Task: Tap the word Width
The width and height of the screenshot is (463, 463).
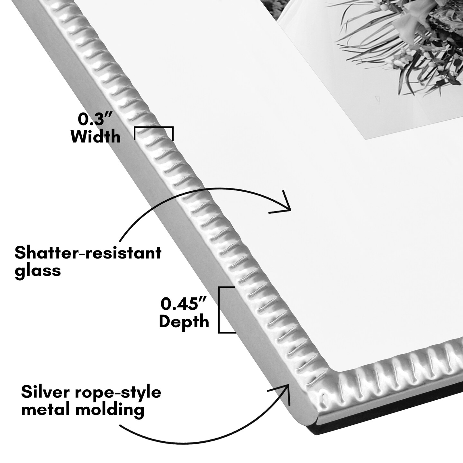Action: (96, 137)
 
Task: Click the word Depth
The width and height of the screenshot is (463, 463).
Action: (184, 322)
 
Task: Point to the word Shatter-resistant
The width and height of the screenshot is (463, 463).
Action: (88, 253)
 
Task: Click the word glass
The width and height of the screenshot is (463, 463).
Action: (38, 270)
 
